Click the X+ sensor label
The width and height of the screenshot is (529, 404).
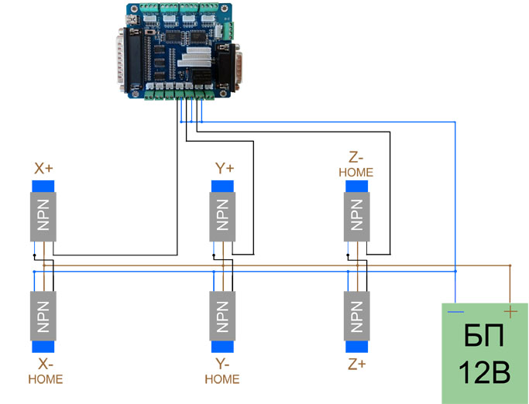pos(44,168)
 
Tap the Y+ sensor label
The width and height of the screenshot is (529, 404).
pos(223,168)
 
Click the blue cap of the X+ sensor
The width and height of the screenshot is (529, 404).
pos(43,186)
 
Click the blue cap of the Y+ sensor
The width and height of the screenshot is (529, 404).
pos(222,186)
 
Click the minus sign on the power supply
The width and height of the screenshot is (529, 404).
pos(456,312)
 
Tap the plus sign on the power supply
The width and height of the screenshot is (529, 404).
pos(510,311)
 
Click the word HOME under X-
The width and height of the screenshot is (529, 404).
pos(45,379)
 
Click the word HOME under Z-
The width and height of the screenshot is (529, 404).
pos(356,172)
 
